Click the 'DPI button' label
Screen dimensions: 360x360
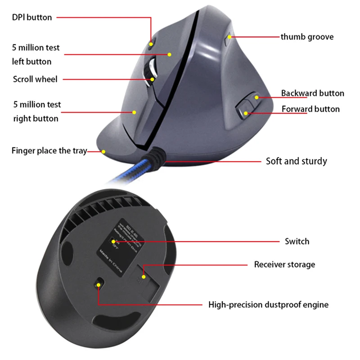pos(32,18)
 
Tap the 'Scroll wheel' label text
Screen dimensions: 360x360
pos(35,79)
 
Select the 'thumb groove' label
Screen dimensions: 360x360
pos(307,36)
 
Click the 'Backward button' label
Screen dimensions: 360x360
pos(312,93)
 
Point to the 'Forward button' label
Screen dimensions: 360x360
pos(310,109)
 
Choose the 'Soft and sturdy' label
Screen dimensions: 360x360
pos(296,161)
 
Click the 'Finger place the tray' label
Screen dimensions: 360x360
pos(49,151)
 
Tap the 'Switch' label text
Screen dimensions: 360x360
pos(297,241)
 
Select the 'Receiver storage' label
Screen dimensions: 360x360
pos(284,264)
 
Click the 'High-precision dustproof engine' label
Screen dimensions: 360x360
pos(268,305)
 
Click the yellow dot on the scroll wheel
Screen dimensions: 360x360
pos(153,79)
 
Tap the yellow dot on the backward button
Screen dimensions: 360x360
pos(256,97)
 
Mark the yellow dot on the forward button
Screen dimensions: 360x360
pos(246,113)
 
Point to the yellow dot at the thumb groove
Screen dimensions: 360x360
pos(230,36)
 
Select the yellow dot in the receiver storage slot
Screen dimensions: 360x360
pos(144,276)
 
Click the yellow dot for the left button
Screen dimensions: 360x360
pos(170,54)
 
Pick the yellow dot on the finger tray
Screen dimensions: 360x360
pos(103,152)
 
